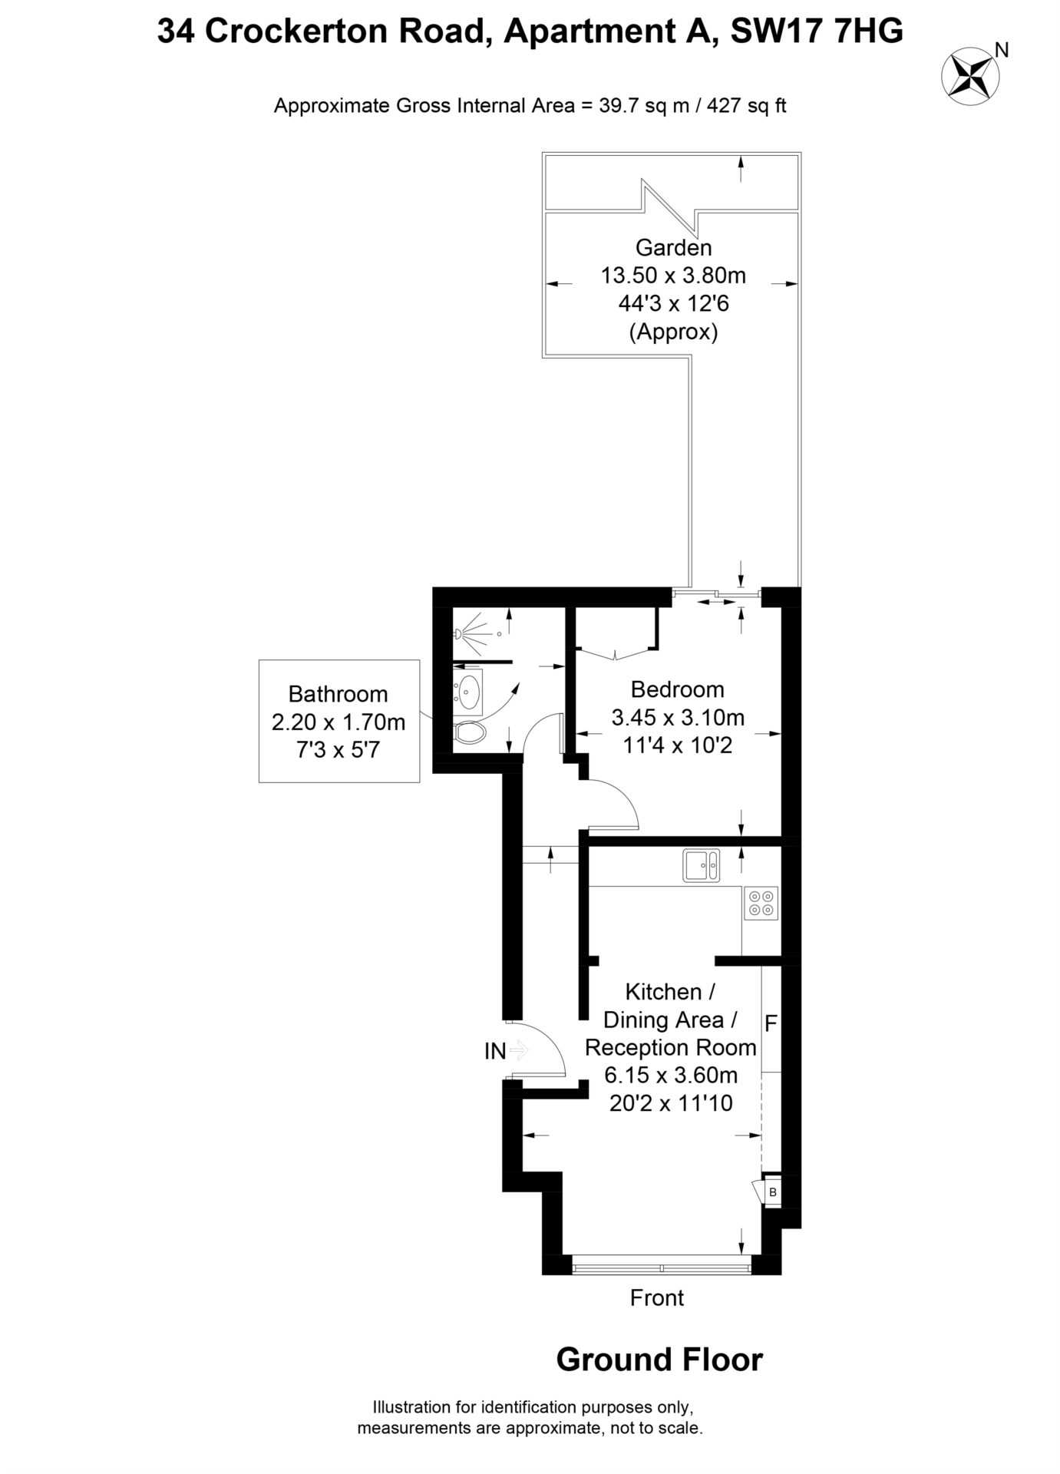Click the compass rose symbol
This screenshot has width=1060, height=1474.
tap(970, 75)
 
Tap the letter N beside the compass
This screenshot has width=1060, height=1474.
tap(1001, 51)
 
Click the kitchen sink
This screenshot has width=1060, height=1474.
tap(701, 865)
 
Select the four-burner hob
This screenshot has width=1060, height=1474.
tap(761, 903)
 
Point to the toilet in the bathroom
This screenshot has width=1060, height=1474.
tap(469, 732)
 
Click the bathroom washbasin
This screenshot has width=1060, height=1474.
tap(467, 692)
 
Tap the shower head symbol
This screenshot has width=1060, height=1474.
tap(459, 634)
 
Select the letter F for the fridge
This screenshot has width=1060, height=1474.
tap(771, 1023)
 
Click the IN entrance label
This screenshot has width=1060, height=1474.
tap(495, 1051)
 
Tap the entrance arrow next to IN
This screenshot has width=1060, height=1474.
tap(520, 1049)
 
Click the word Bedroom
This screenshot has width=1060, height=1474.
tap(677, 689)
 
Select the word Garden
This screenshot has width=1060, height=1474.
tap(673, 247)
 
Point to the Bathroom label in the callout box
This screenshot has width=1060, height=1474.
tap(338, 694)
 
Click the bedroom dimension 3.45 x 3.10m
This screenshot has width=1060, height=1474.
tap(678, 717)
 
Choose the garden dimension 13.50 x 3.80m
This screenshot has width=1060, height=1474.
tap(673, 275)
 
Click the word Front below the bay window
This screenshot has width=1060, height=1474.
tap(656, 1297)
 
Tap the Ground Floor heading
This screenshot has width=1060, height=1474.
tap(659, 1360)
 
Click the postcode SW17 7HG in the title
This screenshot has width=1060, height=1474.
tap(817, 31)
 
